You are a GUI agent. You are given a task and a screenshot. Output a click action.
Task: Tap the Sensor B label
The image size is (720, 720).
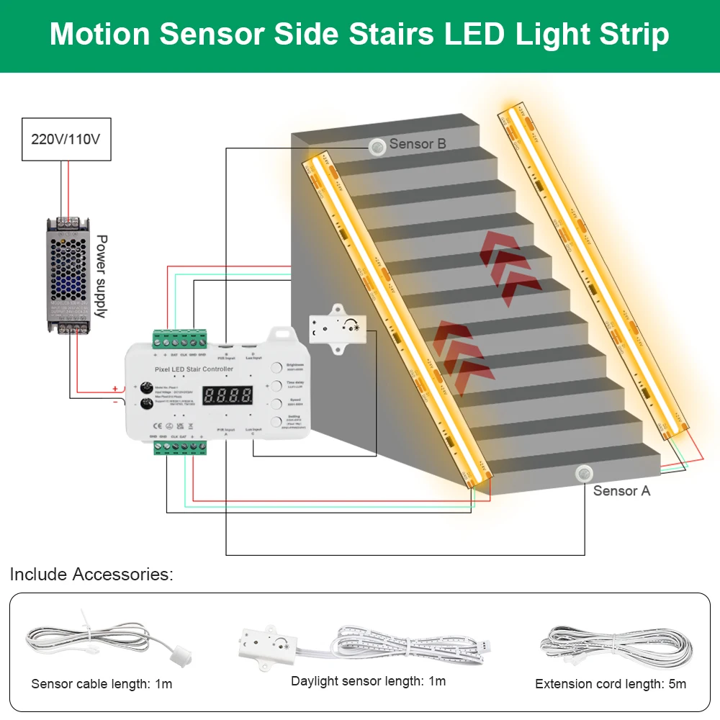(x=418, y=144)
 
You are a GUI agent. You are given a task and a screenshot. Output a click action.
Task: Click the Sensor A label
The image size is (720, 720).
(x=621, y=490)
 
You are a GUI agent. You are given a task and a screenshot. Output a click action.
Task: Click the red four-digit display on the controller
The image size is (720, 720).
(x=228, y=395)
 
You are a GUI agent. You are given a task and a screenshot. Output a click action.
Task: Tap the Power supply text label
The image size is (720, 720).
(x=101, y=276)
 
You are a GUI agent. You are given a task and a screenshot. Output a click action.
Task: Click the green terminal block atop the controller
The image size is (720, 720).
(x=180, y=339)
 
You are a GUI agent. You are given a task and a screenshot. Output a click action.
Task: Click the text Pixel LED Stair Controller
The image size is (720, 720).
(x=194, y=369)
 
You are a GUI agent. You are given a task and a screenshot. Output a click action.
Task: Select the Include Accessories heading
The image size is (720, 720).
(x=91, y=575)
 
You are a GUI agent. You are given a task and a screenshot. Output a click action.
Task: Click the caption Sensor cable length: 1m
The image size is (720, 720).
(x=102, y=683)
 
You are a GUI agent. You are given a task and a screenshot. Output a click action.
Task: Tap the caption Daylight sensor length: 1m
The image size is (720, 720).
(x=368, y=680)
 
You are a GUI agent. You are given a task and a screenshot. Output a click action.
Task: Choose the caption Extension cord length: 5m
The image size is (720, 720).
(x=611, y=683)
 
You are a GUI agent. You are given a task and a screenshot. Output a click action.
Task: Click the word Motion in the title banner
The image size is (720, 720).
(x=100, y=35)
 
